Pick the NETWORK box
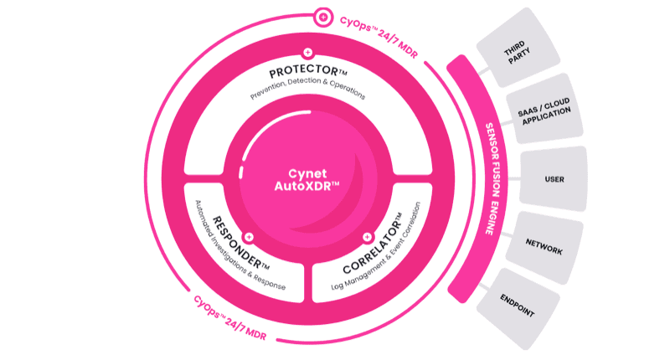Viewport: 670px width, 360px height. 544,247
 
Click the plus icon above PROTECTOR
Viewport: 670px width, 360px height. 308,52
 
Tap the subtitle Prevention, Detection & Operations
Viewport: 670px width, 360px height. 308,89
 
